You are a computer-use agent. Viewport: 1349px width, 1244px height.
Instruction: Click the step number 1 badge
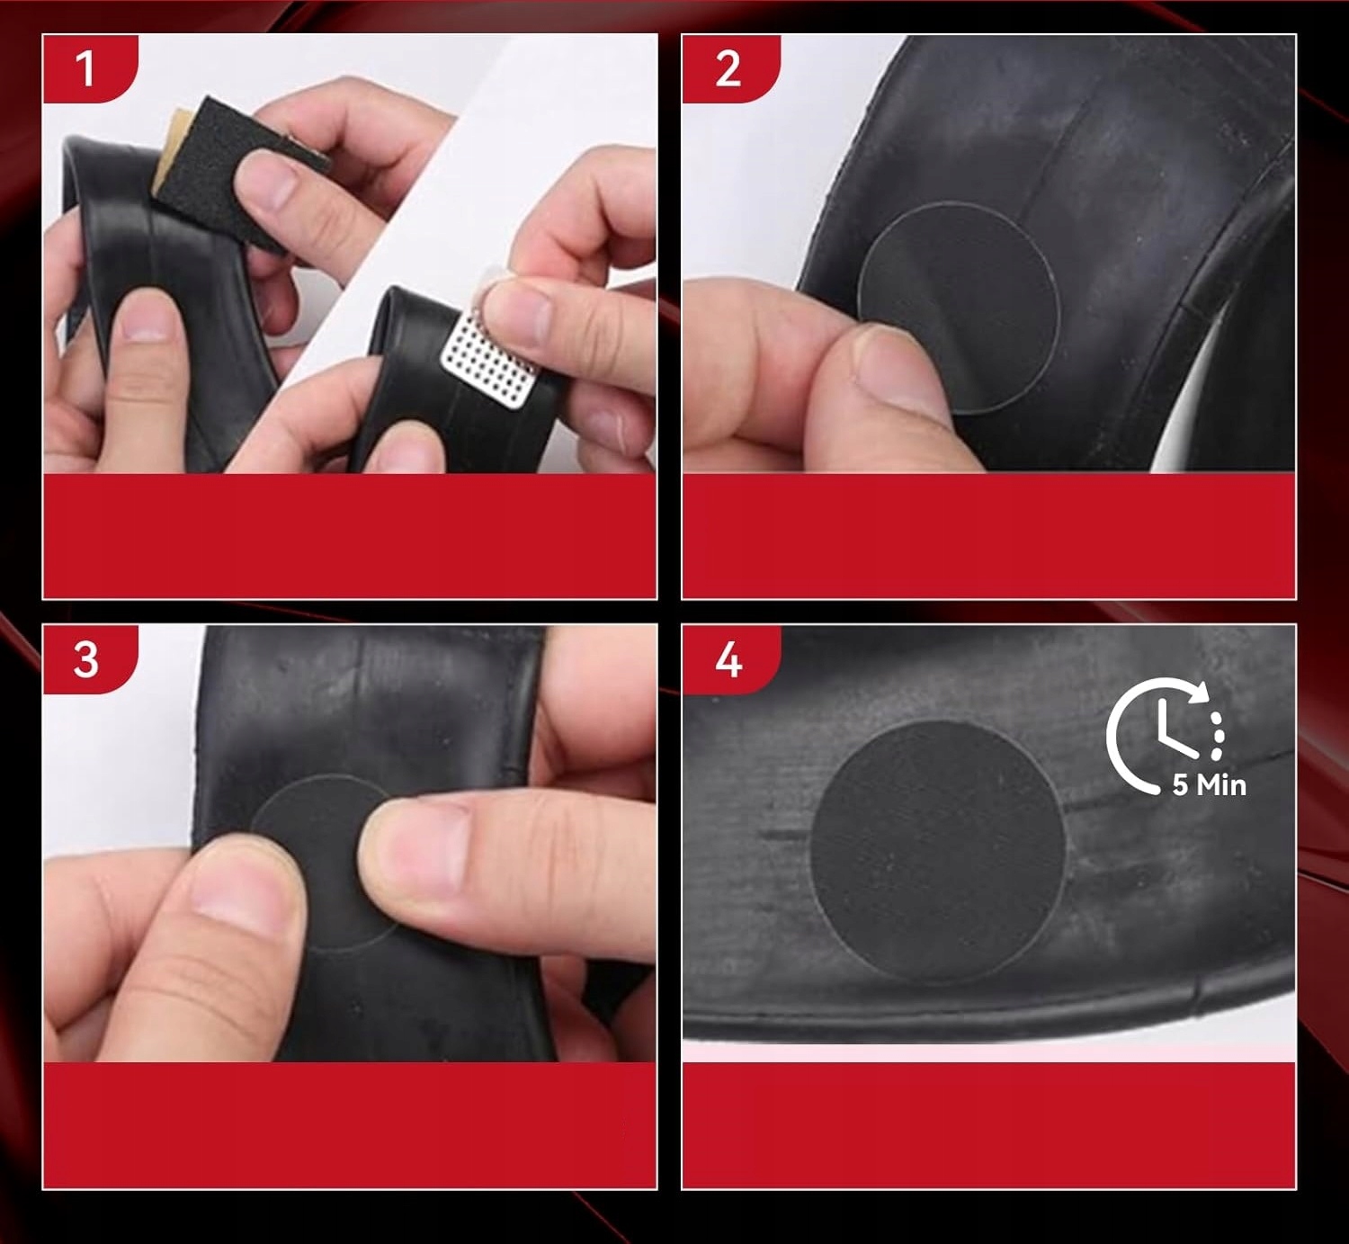(90, 68)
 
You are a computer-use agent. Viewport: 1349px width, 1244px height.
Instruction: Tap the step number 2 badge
(731, 68)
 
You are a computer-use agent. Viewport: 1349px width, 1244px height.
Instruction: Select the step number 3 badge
(90, 659)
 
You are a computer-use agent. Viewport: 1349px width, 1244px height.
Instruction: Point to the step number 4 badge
(731, 659)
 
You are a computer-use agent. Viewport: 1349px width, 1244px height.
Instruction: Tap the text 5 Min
(1209, 785)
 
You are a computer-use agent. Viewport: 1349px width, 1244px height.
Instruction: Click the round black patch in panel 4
(938, 851)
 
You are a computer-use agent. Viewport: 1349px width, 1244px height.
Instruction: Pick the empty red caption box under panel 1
(350, 536)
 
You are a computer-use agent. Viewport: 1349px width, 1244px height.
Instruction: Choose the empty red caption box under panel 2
(989, 536)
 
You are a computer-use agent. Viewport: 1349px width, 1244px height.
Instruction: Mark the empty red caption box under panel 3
(350, 1124)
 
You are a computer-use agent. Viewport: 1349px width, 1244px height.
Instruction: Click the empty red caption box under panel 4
(989, 1124)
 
